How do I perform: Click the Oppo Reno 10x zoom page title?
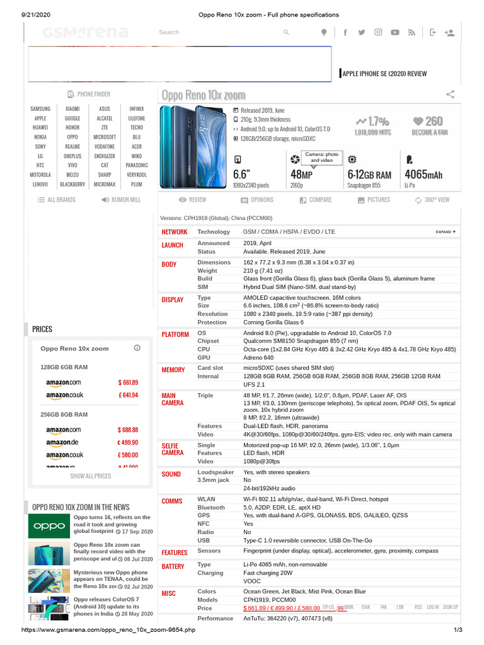tap(204, 95)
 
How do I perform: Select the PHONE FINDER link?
tap(89, 94)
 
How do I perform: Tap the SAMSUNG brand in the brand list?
tap(40, 109)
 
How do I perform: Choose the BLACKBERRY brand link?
tap(72, 185)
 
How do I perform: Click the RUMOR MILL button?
tap(121, 200)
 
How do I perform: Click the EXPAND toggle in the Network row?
tap(446, 232)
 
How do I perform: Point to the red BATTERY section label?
tap(173, 567)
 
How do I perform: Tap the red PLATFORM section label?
tap(175, 334)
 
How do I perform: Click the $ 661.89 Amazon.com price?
tap(128, 382)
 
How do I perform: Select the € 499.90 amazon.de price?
tap(127, 443)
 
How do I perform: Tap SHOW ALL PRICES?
tap(91, 476)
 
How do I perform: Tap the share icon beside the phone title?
tap(451, 94)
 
